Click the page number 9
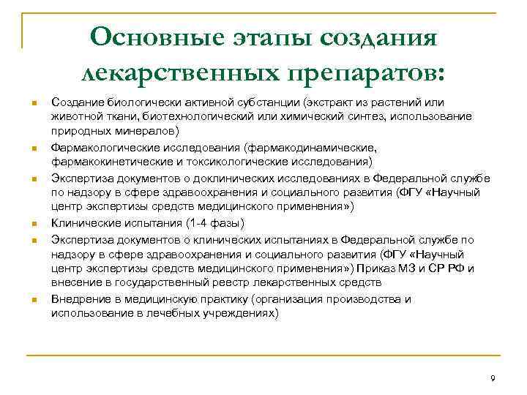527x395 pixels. [x=493, y=378]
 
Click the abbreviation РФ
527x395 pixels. [x=459, y=268]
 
